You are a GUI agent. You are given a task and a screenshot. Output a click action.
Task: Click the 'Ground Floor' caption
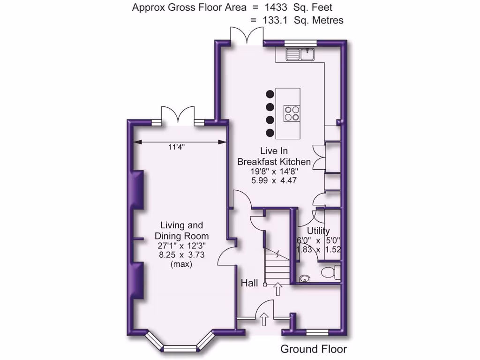pyautogui.click(x=314, y=349)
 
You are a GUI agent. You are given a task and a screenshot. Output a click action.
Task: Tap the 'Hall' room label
pyautogui.click(x=249, y=283)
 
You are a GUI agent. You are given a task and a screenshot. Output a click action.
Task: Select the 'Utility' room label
pyautogui.click(x=318, y=231)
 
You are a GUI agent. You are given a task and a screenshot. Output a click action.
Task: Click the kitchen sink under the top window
pyautogui.click(x=300, y=54)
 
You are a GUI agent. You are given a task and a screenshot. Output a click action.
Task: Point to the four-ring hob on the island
pyautogui.click(x=291, y=114)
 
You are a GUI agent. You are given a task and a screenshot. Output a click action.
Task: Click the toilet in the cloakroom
pyautogui.click(x=332, y=271)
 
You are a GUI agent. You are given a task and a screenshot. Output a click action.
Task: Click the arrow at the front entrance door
pyautogui.click(x=264, y=320)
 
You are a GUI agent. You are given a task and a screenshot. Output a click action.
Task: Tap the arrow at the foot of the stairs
pyautogui.click(x=278, y=289)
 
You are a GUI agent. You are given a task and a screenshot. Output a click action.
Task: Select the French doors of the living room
pyautogui.click(x=177, y=115)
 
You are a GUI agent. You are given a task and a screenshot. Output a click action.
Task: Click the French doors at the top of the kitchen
pyautogui.click(x=247, y=36)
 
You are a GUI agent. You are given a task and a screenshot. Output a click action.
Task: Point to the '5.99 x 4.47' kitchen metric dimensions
pyautogui.click(x=274, y=180)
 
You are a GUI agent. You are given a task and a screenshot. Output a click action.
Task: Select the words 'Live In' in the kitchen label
pyautogui.click(x=274, y=151)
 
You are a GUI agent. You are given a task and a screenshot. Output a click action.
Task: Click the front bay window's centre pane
pyautogui.click(x=180, y=348)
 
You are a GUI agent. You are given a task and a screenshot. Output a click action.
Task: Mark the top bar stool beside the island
pyautogui.click(x=270, y=94)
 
